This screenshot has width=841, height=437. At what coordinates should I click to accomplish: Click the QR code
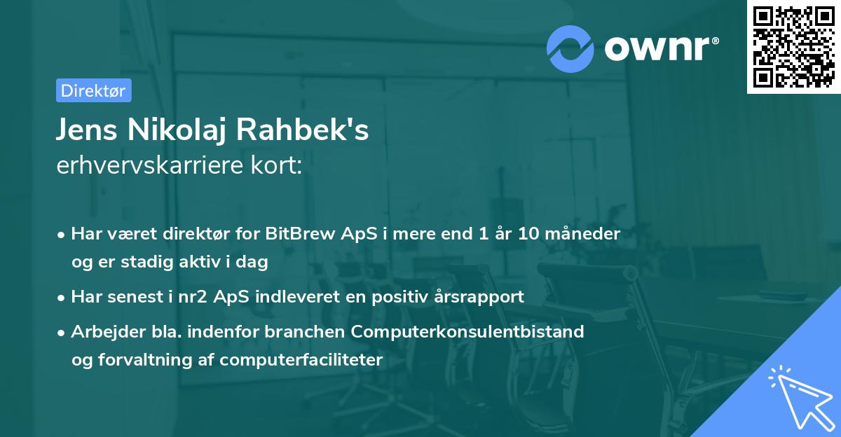[x=793, y=47]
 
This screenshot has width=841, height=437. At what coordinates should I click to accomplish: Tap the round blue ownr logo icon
[x=570, y=48]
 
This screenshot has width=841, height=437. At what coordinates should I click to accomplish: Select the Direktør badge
[x=93, y=90]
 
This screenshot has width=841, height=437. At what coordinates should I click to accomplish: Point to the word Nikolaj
[x=182, y=130]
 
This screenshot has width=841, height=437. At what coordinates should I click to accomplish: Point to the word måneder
[x=584, y=233]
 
